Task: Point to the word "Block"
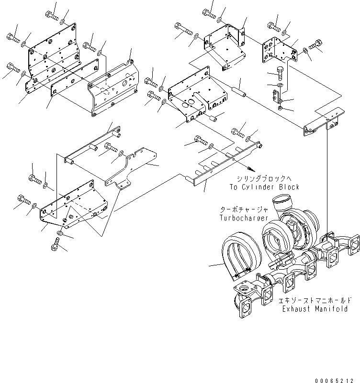pos(289,187)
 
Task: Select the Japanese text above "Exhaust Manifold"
pos(313,301)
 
